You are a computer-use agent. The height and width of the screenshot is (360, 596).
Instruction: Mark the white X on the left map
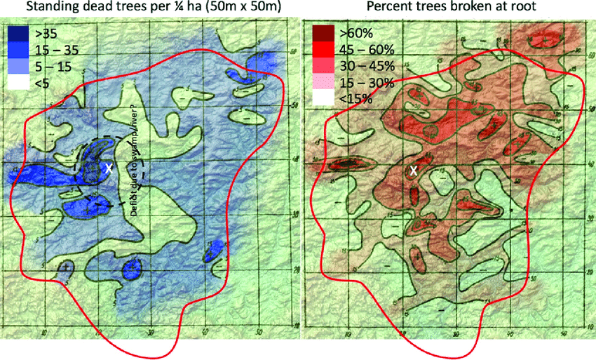(x=109, y=168)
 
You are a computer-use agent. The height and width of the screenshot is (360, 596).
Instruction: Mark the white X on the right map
(x=414, y=171)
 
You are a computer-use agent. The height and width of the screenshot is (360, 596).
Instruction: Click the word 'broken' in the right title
(x=482, y=8)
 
